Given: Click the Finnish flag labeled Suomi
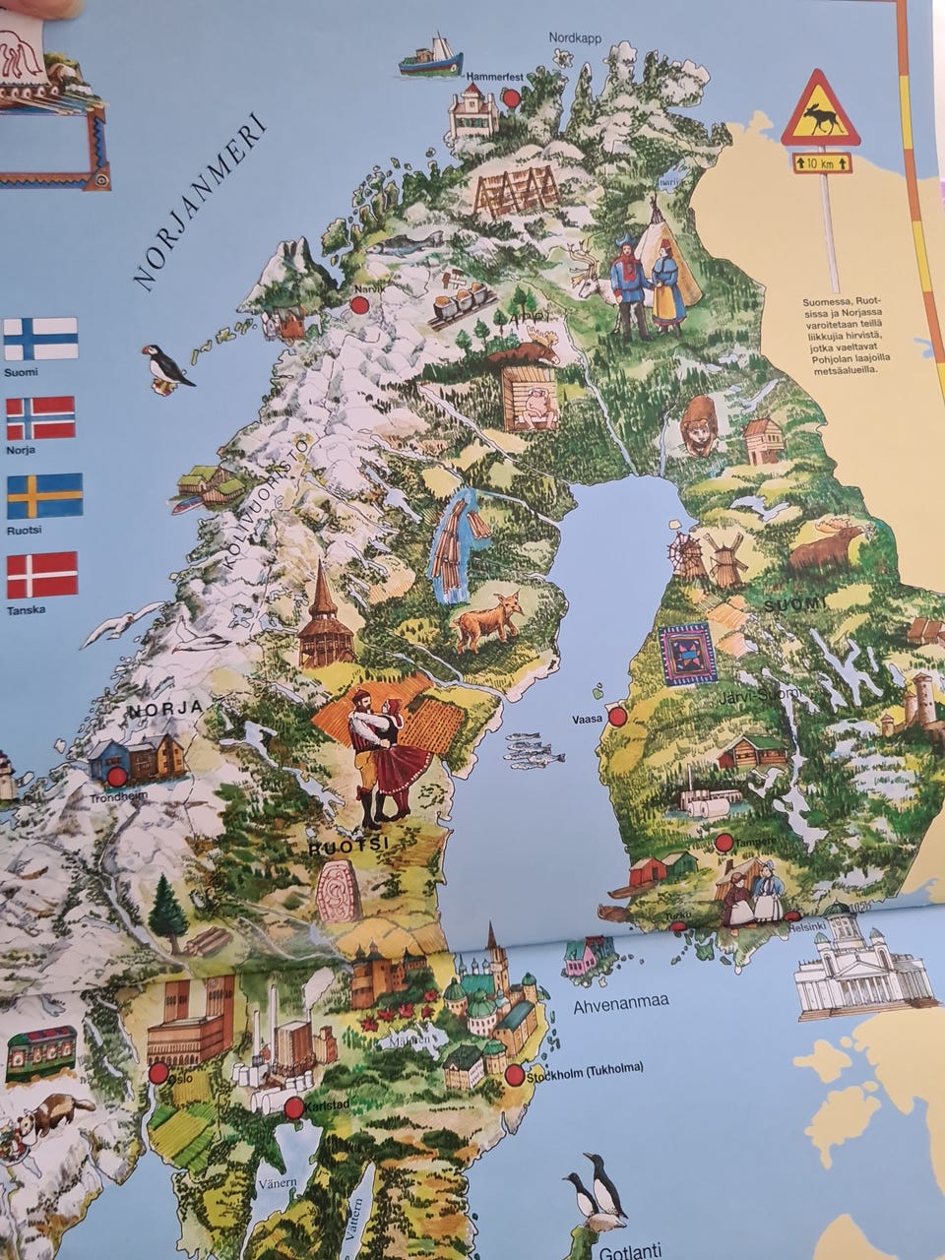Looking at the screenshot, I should click(40, 339).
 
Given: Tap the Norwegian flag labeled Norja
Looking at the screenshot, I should click(40, 417).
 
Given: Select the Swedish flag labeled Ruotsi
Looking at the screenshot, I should click(44, 496).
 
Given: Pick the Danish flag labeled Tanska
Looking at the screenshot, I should click(41, 575).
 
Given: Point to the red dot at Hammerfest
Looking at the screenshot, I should click(511, 97).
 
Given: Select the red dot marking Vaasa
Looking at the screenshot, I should click(617, 717).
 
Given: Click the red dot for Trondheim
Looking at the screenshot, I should click(117, 777).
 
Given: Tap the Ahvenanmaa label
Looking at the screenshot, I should click(620, 1002).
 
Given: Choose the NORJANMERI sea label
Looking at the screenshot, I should click(200, 205).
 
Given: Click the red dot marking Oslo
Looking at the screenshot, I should click(158, 1072).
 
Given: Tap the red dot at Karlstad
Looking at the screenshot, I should click(293, 1108).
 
